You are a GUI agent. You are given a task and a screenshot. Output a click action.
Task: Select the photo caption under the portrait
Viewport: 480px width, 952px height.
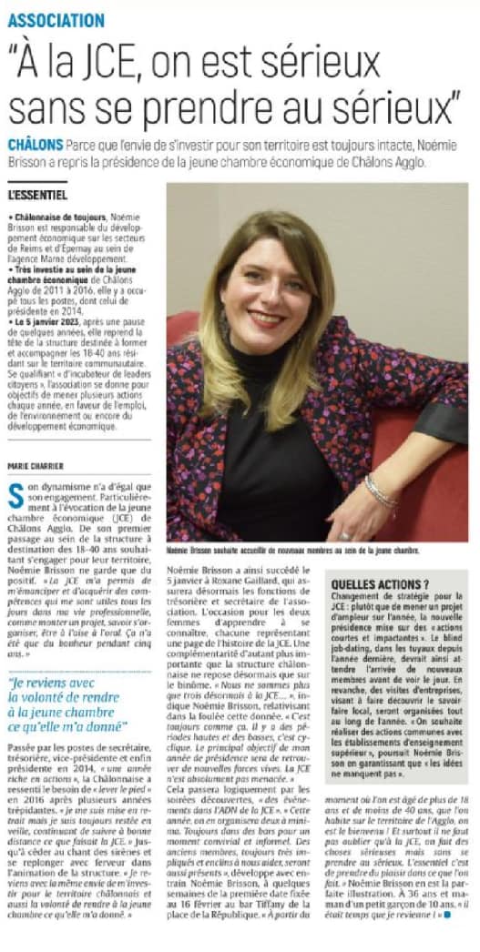[x=292, y=551]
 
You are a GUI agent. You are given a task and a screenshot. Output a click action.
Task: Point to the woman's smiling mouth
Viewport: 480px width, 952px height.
[x=265, y=318]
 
